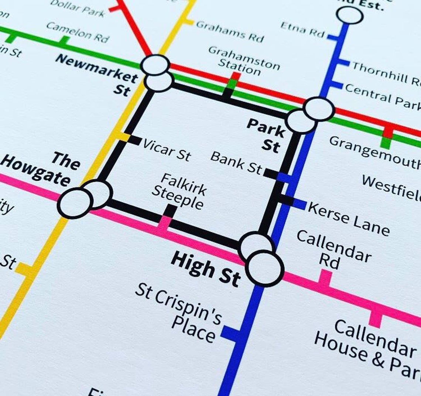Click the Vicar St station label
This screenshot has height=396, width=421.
[x=166, y=150]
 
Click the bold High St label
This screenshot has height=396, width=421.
[x=205, y=269]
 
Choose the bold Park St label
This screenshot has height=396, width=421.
[x=267, y=135]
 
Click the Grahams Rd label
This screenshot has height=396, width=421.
[x=230, y=31]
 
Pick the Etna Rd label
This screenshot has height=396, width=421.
[x=302, y=30]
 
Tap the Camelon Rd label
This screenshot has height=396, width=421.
[x=78, y=32]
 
